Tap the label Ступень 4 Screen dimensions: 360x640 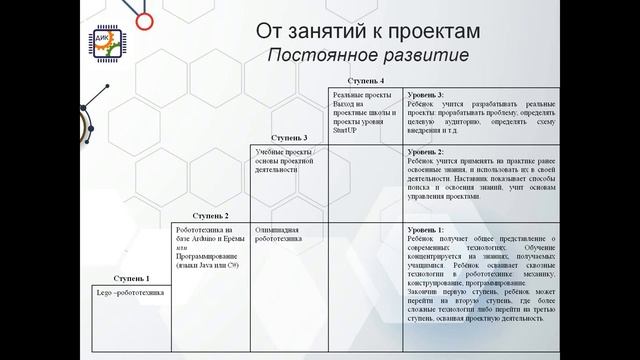pyautogui.click(x=366, y=79)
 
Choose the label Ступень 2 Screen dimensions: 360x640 pyautogui.click(x=211, y=216)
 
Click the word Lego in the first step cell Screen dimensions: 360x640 pyautogui.click(x=98, y=293)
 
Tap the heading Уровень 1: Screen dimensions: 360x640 pyautogui.click(x=428, y=230)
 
